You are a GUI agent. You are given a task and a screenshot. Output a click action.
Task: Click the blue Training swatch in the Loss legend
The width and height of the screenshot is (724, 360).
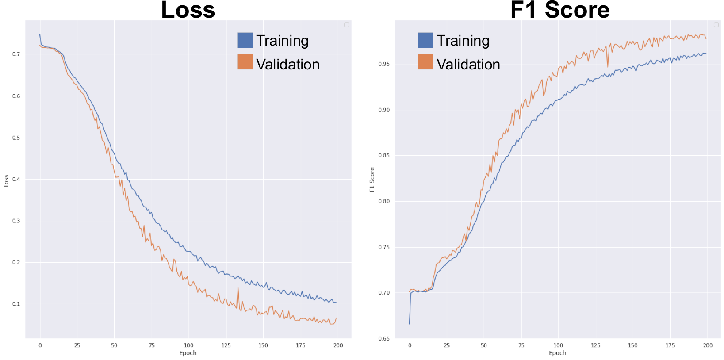[x=245, y=40]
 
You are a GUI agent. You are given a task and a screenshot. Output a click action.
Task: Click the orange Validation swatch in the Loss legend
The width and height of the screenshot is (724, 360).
[x=245, y=62]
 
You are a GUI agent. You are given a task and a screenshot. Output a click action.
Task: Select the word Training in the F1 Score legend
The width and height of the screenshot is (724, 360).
[x=463, y=41]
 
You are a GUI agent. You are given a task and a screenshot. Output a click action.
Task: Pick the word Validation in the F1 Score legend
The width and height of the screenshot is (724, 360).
[x=468, y=65]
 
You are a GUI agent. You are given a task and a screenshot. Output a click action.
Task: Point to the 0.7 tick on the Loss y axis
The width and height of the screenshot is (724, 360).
[x=16, y=54]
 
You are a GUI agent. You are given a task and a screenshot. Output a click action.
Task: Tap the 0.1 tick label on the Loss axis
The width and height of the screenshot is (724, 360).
[x=16, y=304]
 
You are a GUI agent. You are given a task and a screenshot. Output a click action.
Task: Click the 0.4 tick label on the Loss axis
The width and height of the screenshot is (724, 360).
[x=16, y=179]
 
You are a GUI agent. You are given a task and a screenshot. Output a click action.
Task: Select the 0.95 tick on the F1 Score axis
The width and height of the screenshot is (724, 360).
[x=384, y=64]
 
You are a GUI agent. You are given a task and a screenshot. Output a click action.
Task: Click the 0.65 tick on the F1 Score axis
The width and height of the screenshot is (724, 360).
[x=384, y=339]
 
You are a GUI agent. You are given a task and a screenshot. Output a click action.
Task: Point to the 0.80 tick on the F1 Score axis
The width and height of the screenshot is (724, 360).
[x=384, y=201]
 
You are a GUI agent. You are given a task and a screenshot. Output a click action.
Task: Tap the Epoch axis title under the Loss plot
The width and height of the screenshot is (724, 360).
[x=188, y=353]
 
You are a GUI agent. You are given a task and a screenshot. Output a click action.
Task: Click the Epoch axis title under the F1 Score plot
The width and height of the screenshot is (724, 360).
[x=557, y=353]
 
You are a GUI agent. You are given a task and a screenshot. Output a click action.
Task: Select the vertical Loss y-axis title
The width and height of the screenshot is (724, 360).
[x=6, y=180]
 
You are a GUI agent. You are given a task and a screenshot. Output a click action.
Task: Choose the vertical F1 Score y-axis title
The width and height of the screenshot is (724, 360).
[x=372, y=180]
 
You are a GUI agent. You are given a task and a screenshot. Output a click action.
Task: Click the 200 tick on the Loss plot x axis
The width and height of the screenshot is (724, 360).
[x=338, y=345]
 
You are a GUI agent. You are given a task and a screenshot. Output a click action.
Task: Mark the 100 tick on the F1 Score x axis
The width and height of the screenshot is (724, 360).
[x=558, y=345]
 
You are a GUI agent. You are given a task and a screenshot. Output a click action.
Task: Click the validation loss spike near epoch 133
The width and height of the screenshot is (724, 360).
[x=238, y=287]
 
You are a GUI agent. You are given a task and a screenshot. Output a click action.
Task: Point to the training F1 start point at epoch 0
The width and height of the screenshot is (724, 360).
[x=409, y=324]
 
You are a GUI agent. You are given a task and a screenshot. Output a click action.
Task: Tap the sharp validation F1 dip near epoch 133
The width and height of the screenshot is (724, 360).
[x=608, y=67]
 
